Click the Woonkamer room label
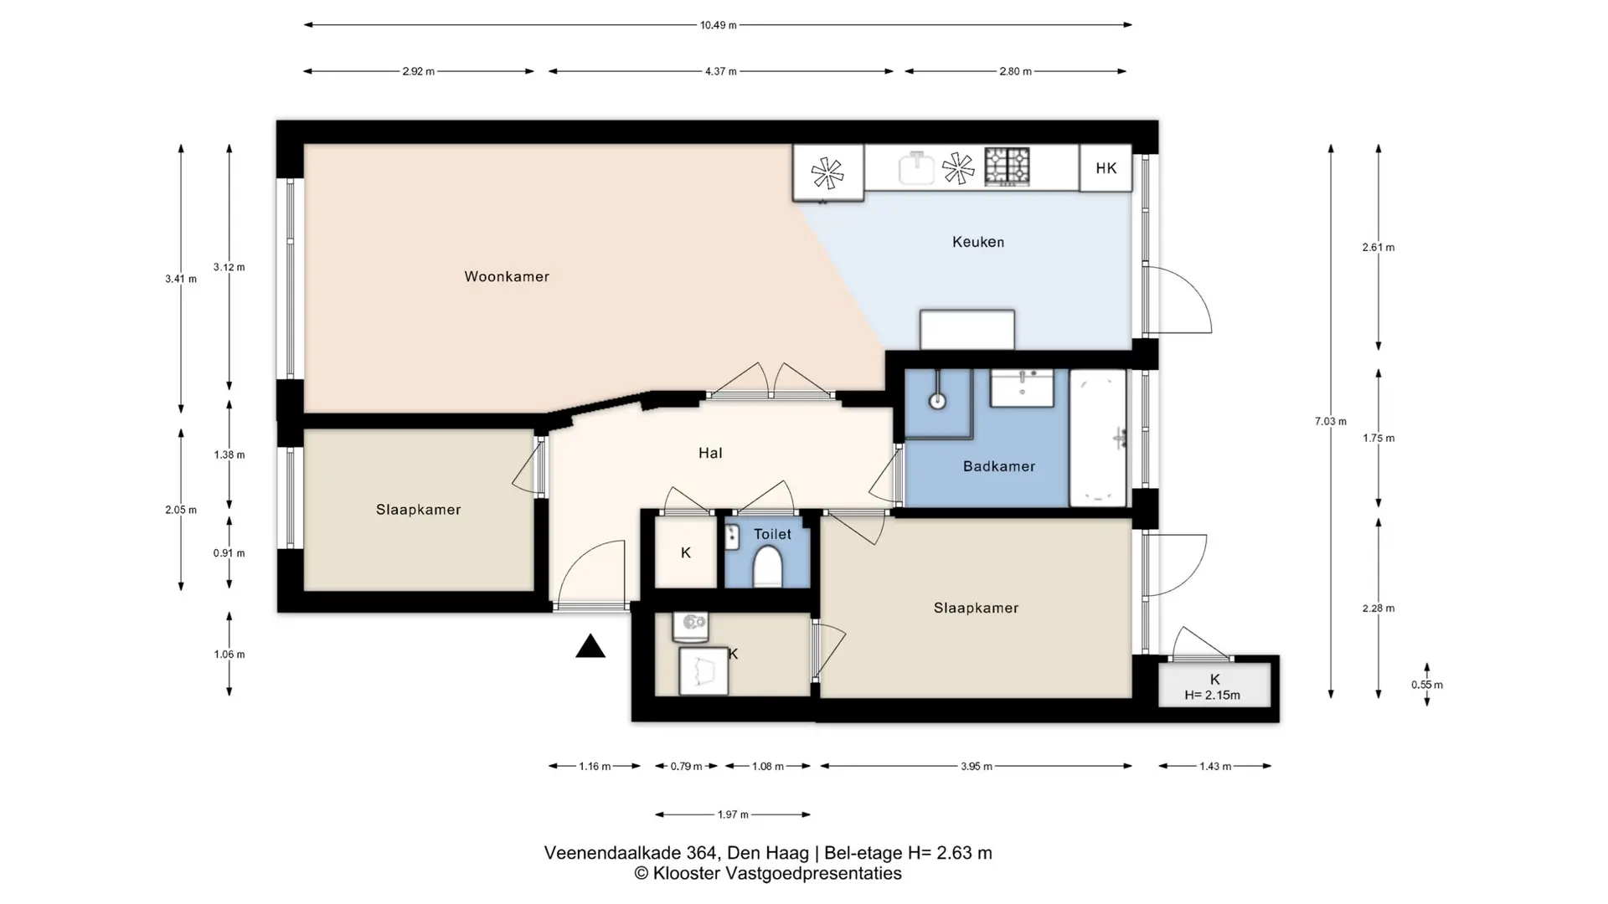tap(507, 276)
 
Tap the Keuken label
tap(978, 242)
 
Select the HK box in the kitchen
tap(1105, 168)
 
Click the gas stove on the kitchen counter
tap(1007, 166)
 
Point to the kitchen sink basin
tap(916, 168)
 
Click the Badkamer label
tap(999, 466)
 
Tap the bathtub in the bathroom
tap(1098, 438)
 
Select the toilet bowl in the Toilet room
tap(767, 567)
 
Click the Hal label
tap(710, 453)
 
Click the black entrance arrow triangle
tap(590, 646)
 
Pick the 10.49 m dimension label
tap(719, 25)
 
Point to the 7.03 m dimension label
tap(1331, 421)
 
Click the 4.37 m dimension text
tap(720, 71)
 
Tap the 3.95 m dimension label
tap(977, 766)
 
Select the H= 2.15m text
tap(1213, 695)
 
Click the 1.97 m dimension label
tap(733, 814)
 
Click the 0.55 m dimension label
tap(1427, 685)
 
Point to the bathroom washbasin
tap(1022, 388)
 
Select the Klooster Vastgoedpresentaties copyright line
tap(768, 874)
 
